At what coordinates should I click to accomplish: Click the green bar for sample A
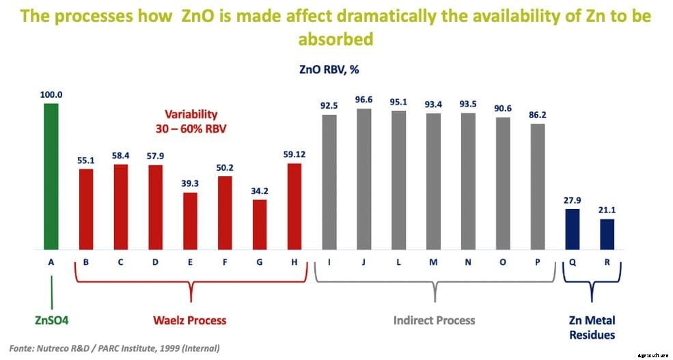pyautogui.click(x=51, y=176)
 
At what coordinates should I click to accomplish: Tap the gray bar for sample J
pyautogui.click(x=363, y=178)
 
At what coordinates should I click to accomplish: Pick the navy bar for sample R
pyautogui.click(x=607, y=234)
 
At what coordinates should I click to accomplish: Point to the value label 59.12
pyautogui.click(x=295, y=154)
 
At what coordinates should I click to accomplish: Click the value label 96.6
pyautogui.click(x=364, y=100)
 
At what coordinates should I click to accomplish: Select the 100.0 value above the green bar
pyautogui.click(x=51, y=95)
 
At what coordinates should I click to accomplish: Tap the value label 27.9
pyautogui.click(x=572, y=200)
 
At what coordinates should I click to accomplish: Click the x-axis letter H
pyautogui.click(x=295, y=262)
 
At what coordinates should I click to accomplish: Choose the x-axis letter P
pyautogui.click(x=538, y=262)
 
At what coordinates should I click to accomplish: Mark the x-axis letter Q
pyautogui.click(x=573, y=262)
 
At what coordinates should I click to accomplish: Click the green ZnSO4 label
pyautogui.click(x=52, y=320)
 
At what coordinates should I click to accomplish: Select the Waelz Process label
pyautogui.click(x=190, y=320)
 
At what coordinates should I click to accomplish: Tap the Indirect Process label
pyautogui.click(x=434, y=320)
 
